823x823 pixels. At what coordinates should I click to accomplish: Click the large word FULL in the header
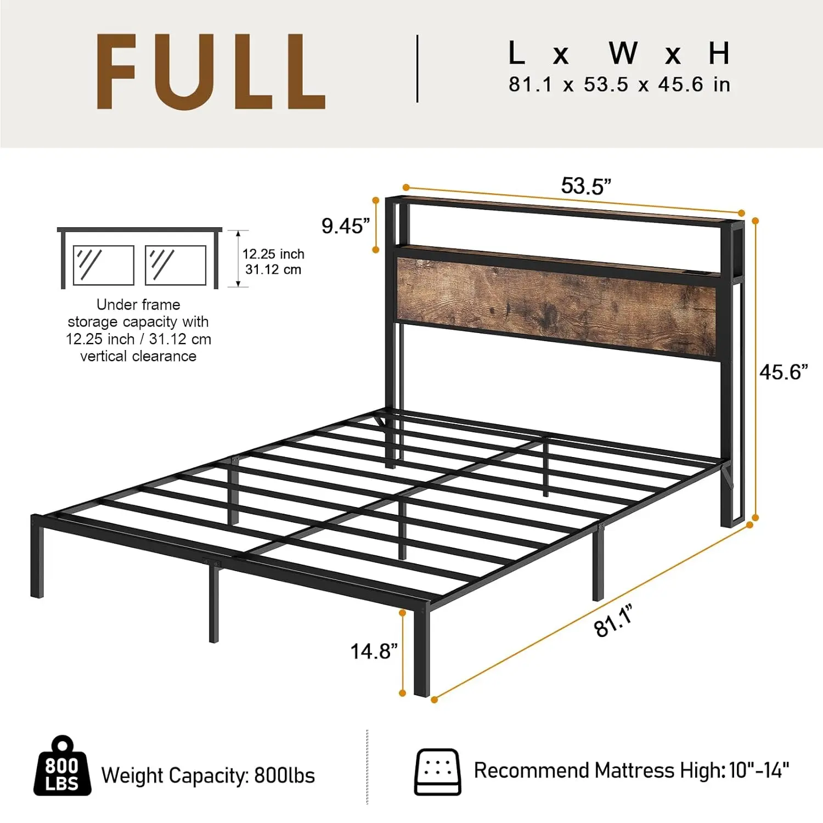[211, 71]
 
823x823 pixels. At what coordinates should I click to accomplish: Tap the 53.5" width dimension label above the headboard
[585, 187]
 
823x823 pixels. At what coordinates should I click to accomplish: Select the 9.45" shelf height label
[346, 226]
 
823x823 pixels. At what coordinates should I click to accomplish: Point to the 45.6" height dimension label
[783, 372]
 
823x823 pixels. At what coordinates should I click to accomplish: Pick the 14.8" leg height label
[374, 651]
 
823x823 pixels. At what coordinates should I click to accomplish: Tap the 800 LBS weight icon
[62, 768]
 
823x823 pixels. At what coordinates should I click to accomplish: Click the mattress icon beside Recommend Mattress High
[437, 771]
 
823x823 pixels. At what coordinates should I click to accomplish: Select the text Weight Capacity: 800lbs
[208, 776]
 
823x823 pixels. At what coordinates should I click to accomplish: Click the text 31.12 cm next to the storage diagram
[273, 269]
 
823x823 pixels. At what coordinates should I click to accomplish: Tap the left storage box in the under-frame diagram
[103, 265]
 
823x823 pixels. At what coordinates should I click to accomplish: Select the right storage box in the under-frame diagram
[176, 265]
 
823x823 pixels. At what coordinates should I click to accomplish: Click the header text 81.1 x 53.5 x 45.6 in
[619, 84]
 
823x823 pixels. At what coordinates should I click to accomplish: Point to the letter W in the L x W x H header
[623, 53]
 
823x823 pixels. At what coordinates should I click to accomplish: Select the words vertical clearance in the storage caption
[138, 356]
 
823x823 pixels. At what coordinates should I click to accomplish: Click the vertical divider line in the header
[418, 69]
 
